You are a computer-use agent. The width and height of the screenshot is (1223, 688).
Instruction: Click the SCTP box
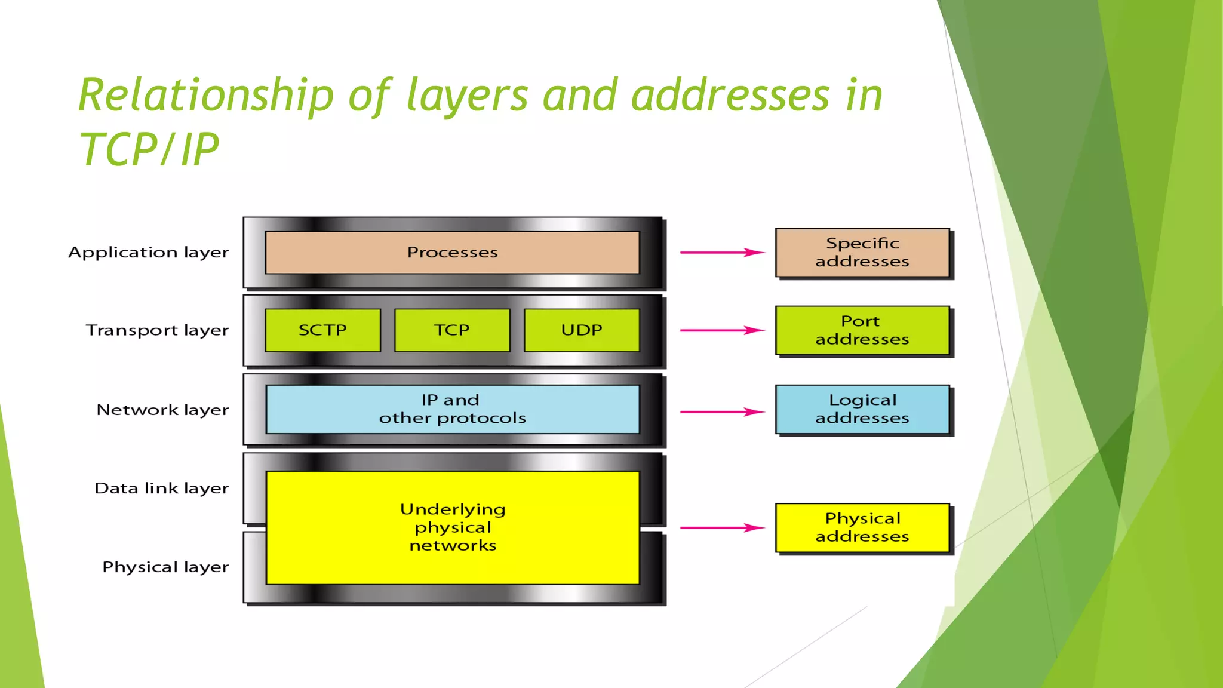(x=322, y=330)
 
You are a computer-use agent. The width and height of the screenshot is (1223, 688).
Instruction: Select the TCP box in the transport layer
(x=452, y=330)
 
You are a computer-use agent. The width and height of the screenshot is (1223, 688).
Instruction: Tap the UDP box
(x=582, y=330)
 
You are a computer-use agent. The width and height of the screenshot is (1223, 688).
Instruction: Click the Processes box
(x=452, y=253)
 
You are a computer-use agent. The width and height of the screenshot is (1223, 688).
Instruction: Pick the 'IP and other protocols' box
(x=452, y=409)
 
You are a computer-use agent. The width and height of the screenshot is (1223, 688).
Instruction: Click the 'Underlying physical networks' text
(x=453, y=527)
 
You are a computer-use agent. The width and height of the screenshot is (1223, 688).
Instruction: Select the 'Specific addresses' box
(x=862, y=253)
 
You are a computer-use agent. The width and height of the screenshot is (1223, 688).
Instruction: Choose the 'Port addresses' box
(x=862, y=330)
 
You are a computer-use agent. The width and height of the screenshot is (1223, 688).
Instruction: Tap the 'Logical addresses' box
(x=862, y=409)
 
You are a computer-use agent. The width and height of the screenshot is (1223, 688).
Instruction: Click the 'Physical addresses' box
(x=862, y=527)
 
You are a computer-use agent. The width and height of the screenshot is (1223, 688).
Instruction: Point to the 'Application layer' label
(x=149, y=253)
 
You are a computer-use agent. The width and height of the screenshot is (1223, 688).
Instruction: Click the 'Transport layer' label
(x=157, y=330)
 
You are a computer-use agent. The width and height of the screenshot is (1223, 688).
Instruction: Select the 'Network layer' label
(x=162, y=410)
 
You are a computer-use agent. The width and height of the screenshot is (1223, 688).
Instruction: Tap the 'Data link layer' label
(x=161, y=489)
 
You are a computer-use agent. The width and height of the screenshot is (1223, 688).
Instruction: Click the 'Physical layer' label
(x=165, y=567)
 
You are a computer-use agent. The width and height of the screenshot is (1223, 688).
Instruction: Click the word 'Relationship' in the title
(x=206, y=96)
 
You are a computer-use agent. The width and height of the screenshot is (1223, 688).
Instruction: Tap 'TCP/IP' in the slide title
(x=149, y=149)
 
